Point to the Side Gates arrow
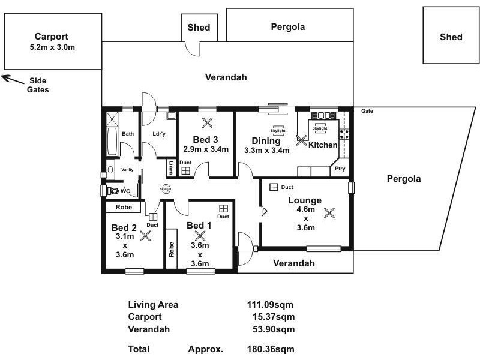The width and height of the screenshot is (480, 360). coord(9,77)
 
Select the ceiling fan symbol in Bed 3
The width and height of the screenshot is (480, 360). coord(207,124)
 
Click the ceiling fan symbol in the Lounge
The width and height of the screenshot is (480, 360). coord(329,212)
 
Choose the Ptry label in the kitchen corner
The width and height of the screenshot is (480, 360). coord(340,169)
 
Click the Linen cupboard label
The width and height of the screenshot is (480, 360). coord(171,168)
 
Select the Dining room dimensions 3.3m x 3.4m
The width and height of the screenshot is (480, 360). coord(266,150)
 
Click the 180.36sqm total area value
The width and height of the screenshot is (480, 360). coord(271,349)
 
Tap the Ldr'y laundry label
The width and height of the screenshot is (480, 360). coord(159,134)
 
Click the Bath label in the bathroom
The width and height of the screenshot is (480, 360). coord(128,134)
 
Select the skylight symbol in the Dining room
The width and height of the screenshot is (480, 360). coord(277,132)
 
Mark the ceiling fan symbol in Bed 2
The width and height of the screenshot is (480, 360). coord(145,236)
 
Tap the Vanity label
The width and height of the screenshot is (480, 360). coord(127,170)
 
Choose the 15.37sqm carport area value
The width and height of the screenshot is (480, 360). coord(274,317)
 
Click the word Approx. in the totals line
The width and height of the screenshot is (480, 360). coord(206,349)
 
